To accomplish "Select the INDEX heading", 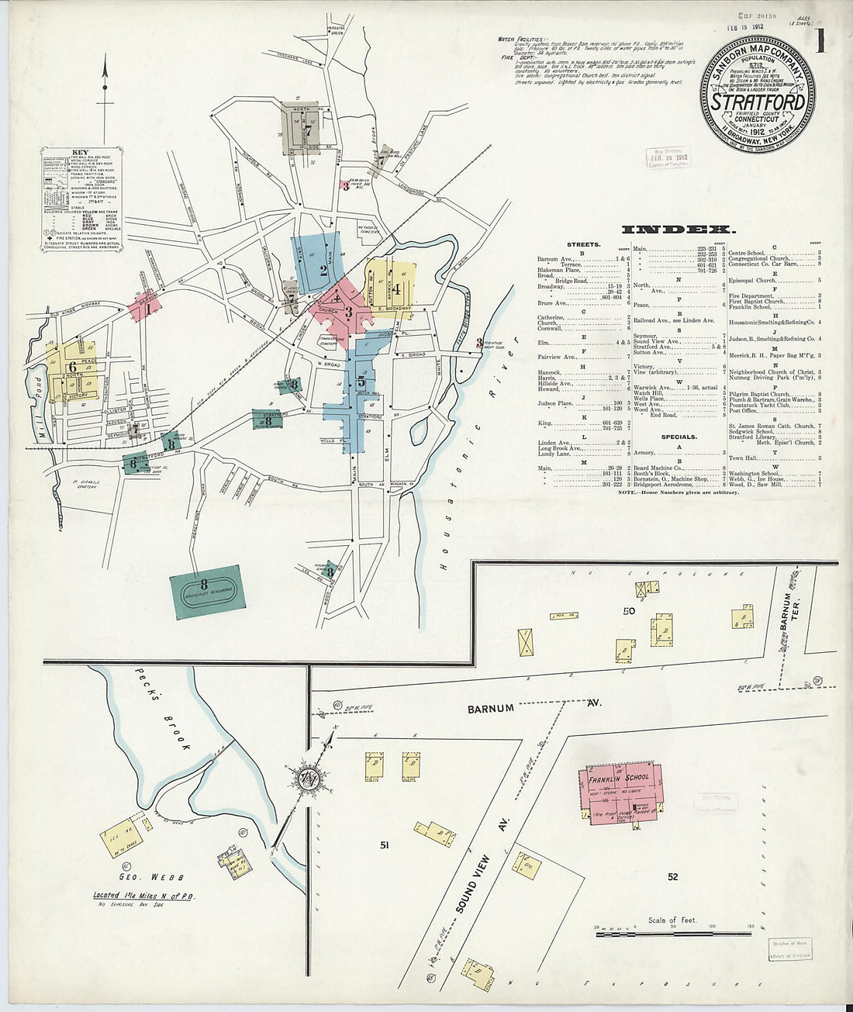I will point(678,230).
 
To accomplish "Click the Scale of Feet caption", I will point(672,920).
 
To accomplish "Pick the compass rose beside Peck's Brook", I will point(309,779).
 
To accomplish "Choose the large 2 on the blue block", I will point(323,271).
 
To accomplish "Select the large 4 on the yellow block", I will point(396,289).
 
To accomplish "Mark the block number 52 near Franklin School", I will point(672,876).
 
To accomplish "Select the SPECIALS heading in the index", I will point(679,437).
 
